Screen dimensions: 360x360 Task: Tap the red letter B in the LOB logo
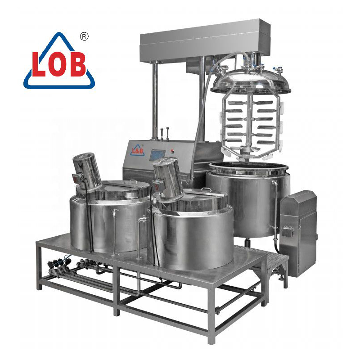(x=77, y=65)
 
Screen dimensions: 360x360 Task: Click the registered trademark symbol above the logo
(x=83, y=36)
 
